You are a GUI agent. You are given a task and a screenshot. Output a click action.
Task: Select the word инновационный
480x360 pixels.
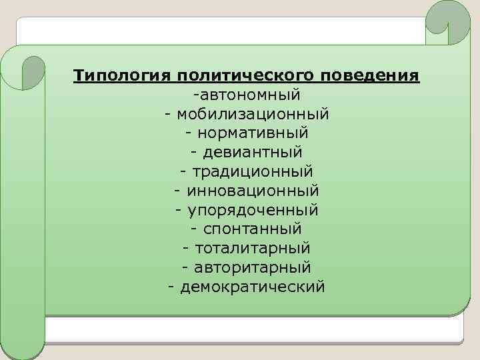[253, 191]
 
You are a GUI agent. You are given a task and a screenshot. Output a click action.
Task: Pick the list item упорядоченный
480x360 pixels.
[253, 210]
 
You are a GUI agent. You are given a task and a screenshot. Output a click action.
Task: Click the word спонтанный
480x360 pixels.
[253, 229]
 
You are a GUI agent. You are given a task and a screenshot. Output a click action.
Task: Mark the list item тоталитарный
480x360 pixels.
[253, 248]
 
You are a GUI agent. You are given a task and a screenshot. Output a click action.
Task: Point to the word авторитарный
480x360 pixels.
[253, 267]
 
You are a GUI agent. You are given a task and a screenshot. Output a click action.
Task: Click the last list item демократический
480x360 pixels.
[253, 287]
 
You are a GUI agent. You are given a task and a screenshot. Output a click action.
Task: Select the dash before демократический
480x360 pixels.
[172, 287]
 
